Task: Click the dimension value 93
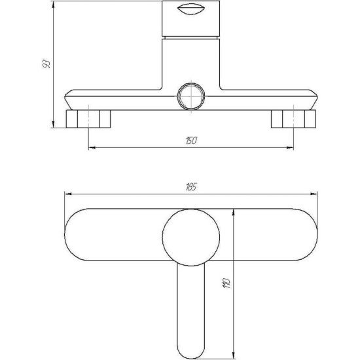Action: point(46,64)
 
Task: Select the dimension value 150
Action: point(191,141)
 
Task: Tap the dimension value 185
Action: point(190,187)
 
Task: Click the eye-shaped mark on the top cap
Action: point(191,10)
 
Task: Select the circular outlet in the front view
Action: point(191,96)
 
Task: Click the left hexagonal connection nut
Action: point(88,119)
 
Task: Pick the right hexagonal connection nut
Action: point(293,119)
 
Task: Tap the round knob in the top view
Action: point(191,238)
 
